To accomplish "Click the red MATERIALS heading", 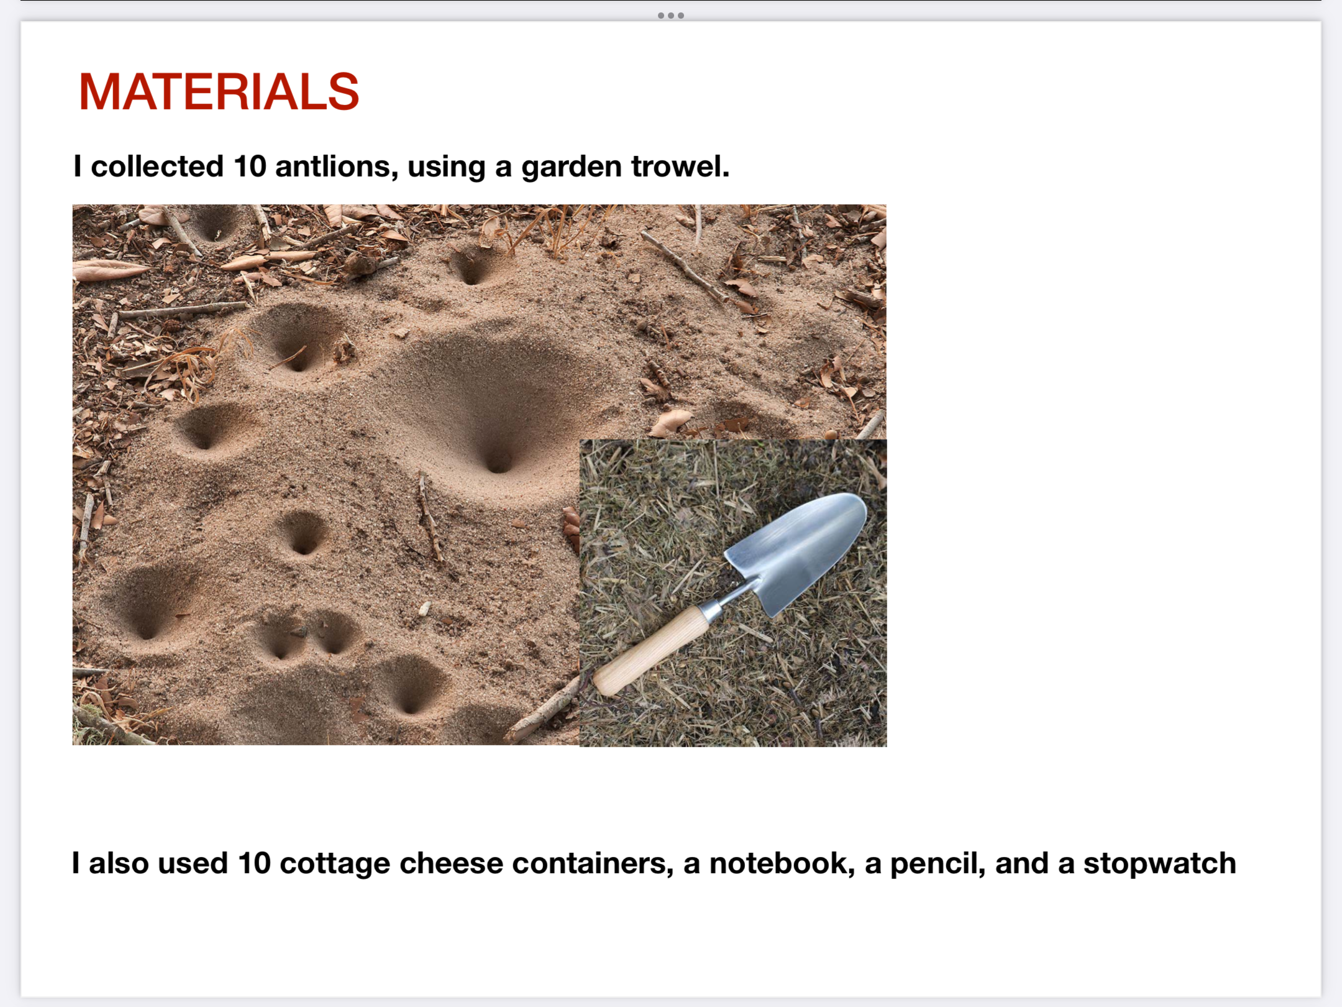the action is (219, 91).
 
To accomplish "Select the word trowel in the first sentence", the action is (680, 167).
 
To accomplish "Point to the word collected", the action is (157, 167).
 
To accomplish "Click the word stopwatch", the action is (1159, 863).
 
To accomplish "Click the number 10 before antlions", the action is (250, 167).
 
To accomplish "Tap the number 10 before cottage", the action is (254, 863).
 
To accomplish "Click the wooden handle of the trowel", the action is (652, 650).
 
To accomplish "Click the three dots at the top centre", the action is (671, 16).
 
